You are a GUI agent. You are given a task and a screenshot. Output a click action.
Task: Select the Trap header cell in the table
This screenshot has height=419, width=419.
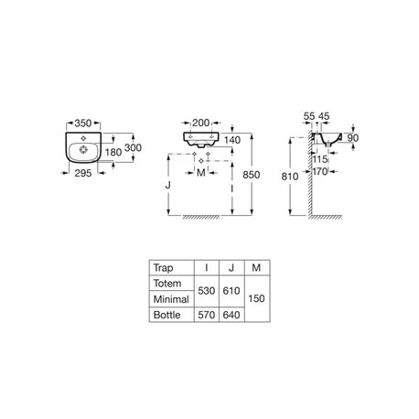click(162, 268)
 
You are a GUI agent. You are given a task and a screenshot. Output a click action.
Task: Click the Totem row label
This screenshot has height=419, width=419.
click(167, 283)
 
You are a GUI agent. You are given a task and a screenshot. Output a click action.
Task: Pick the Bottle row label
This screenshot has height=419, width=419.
click(166, 315)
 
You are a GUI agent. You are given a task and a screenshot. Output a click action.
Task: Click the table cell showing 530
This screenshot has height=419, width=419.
click(206, 291)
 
